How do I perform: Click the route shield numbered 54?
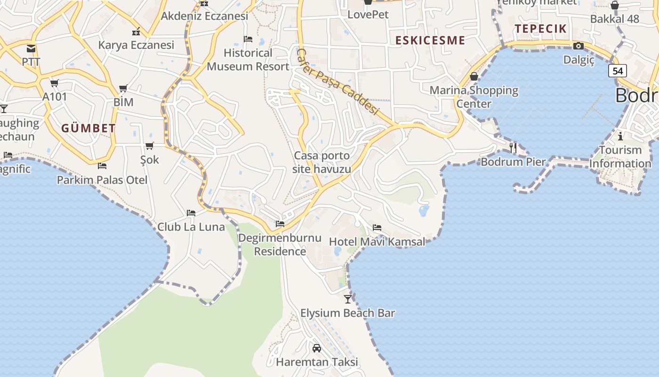tap(618, 71)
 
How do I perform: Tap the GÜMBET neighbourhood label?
tap(88, 128)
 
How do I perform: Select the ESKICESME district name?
tap(430, 41)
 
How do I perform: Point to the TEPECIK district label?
tap(541, 29)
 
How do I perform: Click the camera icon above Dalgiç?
tap(579, 46)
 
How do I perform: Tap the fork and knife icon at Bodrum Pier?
tap(513, 148)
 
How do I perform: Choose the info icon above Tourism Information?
tap(620, 137)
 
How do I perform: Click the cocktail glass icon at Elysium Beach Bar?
tap(347, 299)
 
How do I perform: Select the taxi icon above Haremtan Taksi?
tap(317, 348)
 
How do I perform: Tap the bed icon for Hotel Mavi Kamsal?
tap(377, 228)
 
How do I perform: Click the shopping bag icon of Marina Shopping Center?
tap(474, 76)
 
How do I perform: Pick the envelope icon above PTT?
tap(31, 49)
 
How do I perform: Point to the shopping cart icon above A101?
tap(54, 83)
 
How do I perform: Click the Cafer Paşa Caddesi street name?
tap(338, 82)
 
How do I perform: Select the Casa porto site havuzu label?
tap(322, 162)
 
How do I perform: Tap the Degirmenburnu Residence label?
tap(280, 245)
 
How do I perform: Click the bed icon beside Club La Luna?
tap(191, 213)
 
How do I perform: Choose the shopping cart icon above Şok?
tap(150, 146)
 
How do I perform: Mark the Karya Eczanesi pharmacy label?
tap(136, 45)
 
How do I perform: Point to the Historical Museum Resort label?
tap(248, 59)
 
